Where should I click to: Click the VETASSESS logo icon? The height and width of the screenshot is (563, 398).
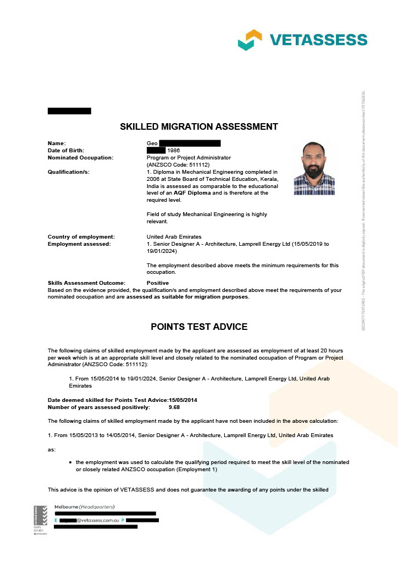(250, 40)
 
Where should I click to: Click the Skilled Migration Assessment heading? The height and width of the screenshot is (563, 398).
(199, 126)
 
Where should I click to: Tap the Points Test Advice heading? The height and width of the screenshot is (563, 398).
(199, 327)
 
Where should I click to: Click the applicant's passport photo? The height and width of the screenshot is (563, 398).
(314, 168)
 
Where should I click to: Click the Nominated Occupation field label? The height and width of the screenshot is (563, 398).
(80, 157)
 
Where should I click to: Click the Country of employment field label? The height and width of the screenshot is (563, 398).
(81, 236)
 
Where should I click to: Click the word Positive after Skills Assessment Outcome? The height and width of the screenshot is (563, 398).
(158, 283)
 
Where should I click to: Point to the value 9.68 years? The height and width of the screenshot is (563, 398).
(174, 407)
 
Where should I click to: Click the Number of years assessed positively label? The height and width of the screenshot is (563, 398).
(98, 407)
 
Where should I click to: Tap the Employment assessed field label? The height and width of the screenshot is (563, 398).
(79, 244)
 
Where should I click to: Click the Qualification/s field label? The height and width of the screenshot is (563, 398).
(68, 172)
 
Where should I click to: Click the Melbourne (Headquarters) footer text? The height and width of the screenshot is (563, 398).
(85, 506)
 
